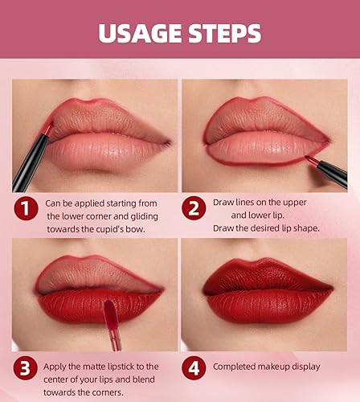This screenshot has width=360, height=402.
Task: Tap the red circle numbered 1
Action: [x=27, y=210]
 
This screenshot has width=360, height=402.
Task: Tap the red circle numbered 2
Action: [x=194, y=210]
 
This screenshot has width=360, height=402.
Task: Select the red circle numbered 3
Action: [x=27, y=368]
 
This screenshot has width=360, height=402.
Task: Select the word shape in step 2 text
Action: [x=305, y=228]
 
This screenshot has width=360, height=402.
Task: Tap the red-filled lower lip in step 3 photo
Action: [x=80, y=310]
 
